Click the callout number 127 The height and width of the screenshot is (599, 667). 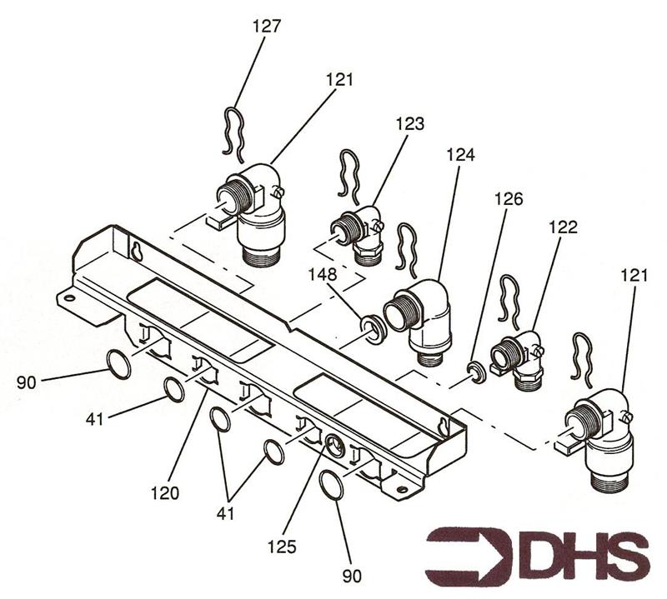point(267,27)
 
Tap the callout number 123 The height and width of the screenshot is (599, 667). point(410,123)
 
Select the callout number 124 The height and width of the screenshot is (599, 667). point(460,155)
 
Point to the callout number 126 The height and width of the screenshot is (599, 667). point(509,198)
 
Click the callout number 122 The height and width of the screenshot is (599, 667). point(563,227)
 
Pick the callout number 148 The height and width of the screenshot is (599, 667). point(323,274)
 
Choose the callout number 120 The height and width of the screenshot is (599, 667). point(165,493)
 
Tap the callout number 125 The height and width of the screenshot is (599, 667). point(282,547)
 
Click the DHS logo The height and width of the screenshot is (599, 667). point(537,553)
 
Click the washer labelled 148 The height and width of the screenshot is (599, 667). point(373,329)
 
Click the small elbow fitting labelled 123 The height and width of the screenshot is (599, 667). point(359,235)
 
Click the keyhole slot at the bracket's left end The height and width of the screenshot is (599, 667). point(137,252)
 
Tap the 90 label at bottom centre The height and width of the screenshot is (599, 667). point(351,576)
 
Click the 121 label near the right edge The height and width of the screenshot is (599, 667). point(634,276)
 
